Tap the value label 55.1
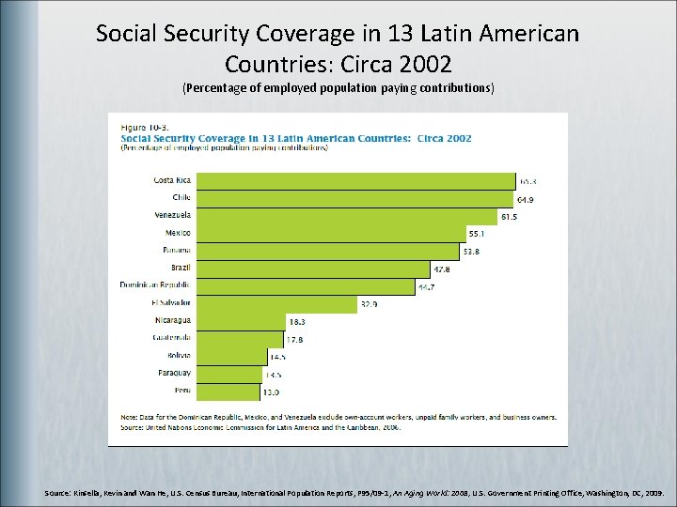tap(479, 233)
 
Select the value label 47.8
tap(442, 269)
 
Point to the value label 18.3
tap(296, 321)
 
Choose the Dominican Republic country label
tap(155, 285)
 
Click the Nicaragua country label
tap(172, 320)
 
